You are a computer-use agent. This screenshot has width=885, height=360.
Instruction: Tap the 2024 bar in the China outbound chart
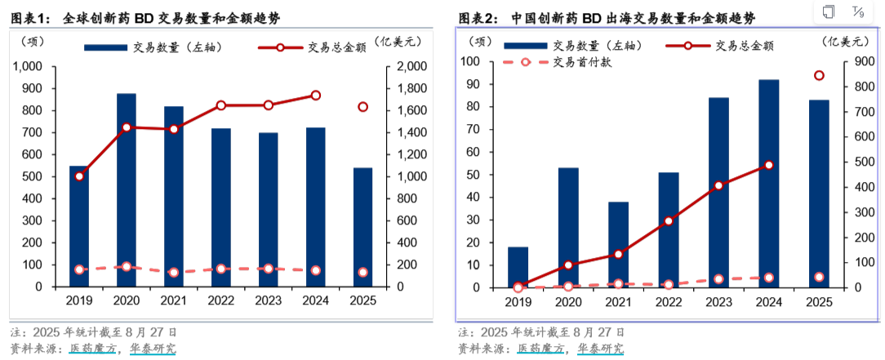pos(768,183)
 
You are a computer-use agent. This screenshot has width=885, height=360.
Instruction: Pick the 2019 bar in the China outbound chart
pos(518,267)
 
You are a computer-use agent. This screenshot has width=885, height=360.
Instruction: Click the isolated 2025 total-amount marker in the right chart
pos(819,76)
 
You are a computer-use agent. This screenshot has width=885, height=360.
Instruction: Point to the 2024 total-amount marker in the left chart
pos(316,96)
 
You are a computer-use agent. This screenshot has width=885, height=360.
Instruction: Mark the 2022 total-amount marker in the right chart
pos(668,220)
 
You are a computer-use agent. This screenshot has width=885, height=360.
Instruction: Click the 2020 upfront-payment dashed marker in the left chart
pos(127,266)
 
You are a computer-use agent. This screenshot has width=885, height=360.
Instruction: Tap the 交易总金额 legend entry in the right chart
pos(727,47)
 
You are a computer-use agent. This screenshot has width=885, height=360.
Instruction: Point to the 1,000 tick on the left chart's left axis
pos(33,66)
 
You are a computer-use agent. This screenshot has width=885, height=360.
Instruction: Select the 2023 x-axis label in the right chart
pos(718,302)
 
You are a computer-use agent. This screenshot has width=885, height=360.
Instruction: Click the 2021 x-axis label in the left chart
pos(174,301)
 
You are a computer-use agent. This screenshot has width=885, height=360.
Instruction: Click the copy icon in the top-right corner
pos(829,12)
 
